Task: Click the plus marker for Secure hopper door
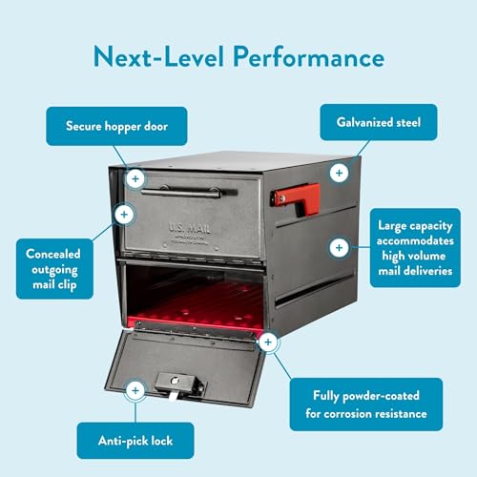pyautogui.click(x=135, y=177)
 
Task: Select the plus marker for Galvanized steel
pyautogui.click(x=338, y=173)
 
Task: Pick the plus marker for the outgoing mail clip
pyautogui.click(x=121, y=214)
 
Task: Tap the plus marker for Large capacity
pyautogui.click(x=338, y=247)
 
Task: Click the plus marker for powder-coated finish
pyautogui.click(x=268, y=341)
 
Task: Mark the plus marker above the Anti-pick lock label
pyautogui.click(x=135, y=390)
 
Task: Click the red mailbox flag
pyautogui.click(x=295, y=195)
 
